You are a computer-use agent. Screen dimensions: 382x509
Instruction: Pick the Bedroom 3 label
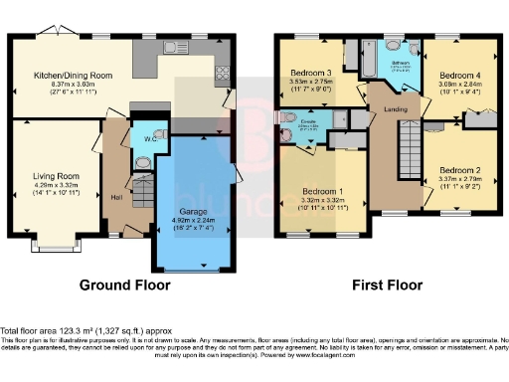[x=310, y=73]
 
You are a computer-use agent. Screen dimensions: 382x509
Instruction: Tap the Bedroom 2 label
[x=458, y=169]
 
